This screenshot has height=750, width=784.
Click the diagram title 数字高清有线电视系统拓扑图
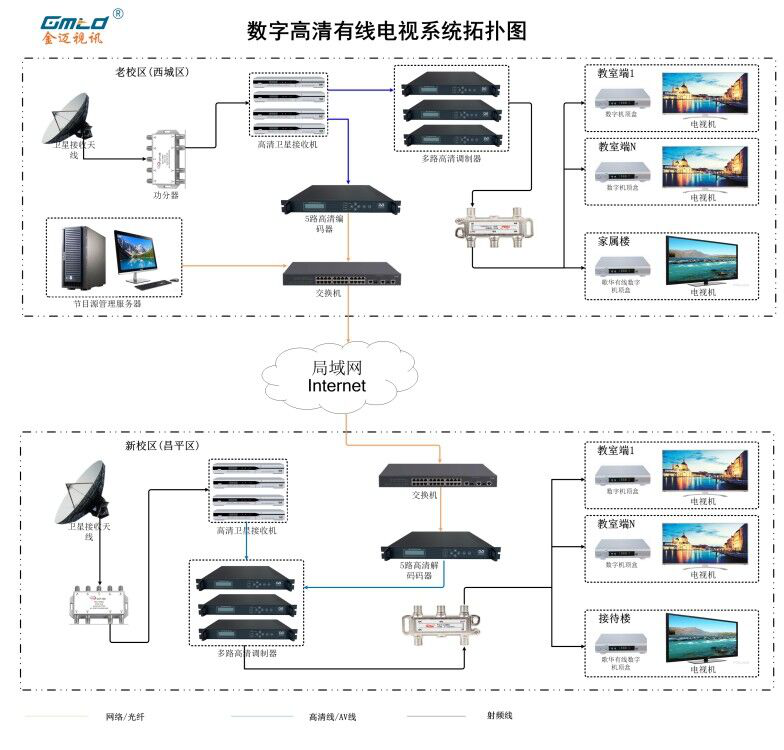click(x=386, y=31)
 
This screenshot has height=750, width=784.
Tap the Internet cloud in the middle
click(x=337, y=376)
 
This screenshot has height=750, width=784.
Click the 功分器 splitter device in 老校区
click(x=165, y=157)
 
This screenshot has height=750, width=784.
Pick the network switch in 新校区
click(x=436, y=477)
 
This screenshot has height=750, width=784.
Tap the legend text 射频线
click(x=501, y=715)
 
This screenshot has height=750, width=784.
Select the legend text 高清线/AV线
click(x=332, y=716)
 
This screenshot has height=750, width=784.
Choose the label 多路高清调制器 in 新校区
click(x=246, y=653)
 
